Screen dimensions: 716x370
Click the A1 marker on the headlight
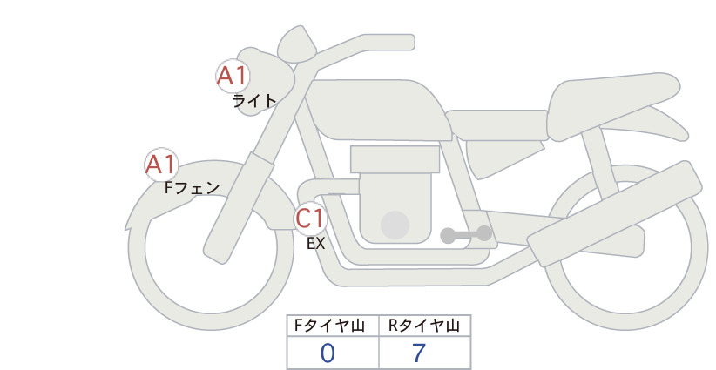pos(233,76)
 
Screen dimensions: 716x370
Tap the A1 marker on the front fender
pos(161,165)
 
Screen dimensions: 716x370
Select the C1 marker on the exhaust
pos(310,218)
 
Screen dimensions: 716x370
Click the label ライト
pos(254,101)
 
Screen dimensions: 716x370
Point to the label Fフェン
pos(192,187)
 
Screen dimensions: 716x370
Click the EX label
pos(315,244)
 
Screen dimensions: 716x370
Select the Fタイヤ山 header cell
pos(333,326)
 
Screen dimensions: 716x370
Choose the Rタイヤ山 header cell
pos(425,326)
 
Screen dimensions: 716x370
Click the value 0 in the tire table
pos(328,353)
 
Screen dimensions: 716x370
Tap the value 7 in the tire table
pos(419,353)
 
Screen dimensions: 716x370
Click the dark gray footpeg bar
pos(466,234)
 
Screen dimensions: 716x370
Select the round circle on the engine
pos(395,225)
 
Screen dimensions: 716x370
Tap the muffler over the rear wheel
pos(614,213)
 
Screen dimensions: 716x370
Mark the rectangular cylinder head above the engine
pos(395,159)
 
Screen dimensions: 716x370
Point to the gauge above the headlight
pos(297,44)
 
